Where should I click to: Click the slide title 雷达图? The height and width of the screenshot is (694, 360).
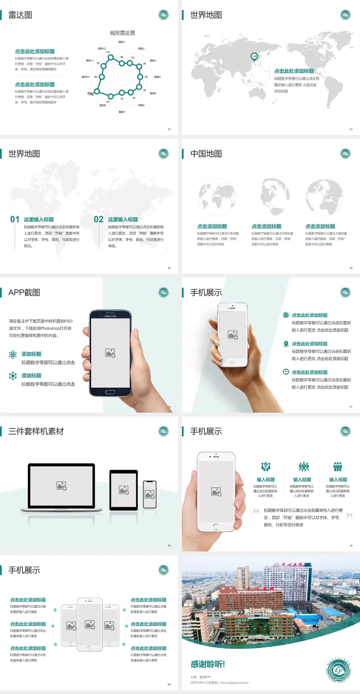[20, 15]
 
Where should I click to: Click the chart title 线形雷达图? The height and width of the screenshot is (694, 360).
[122, 33]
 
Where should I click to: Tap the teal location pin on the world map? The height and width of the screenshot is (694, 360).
[254, 57]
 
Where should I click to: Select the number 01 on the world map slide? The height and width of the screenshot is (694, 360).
[15, 219]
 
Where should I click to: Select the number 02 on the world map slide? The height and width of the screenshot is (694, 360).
[99, 219]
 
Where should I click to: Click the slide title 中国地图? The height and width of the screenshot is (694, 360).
[206, 154]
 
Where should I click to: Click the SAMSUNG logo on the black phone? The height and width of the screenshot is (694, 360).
[110, 316]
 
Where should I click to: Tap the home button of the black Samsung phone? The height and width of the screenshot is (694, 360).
[110, 392]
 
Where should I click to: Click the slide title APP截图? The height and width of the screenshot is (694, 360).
[24, 293]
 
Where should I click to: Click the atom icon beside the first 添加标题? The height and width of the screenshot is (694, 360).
[13, 355]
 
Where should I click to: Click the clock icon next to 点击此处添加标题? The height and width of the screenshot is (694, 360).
[286, 372]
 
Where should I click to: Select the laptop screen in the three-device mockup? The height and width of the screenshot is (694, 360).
[61, 485]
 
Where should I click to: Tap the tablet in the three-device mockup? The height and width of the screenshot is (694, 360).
[124, 490]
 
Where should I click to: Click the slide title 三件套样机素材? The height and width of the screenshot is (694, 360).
[36, 431]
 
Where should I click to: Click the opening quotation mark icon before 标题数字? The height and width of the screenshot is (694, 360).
[256, 511]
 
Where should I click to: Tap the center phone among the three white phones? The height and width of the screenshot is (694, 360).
[90, 624]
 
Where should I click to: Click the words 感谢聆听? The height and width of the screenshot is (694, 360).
[208, 664]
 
